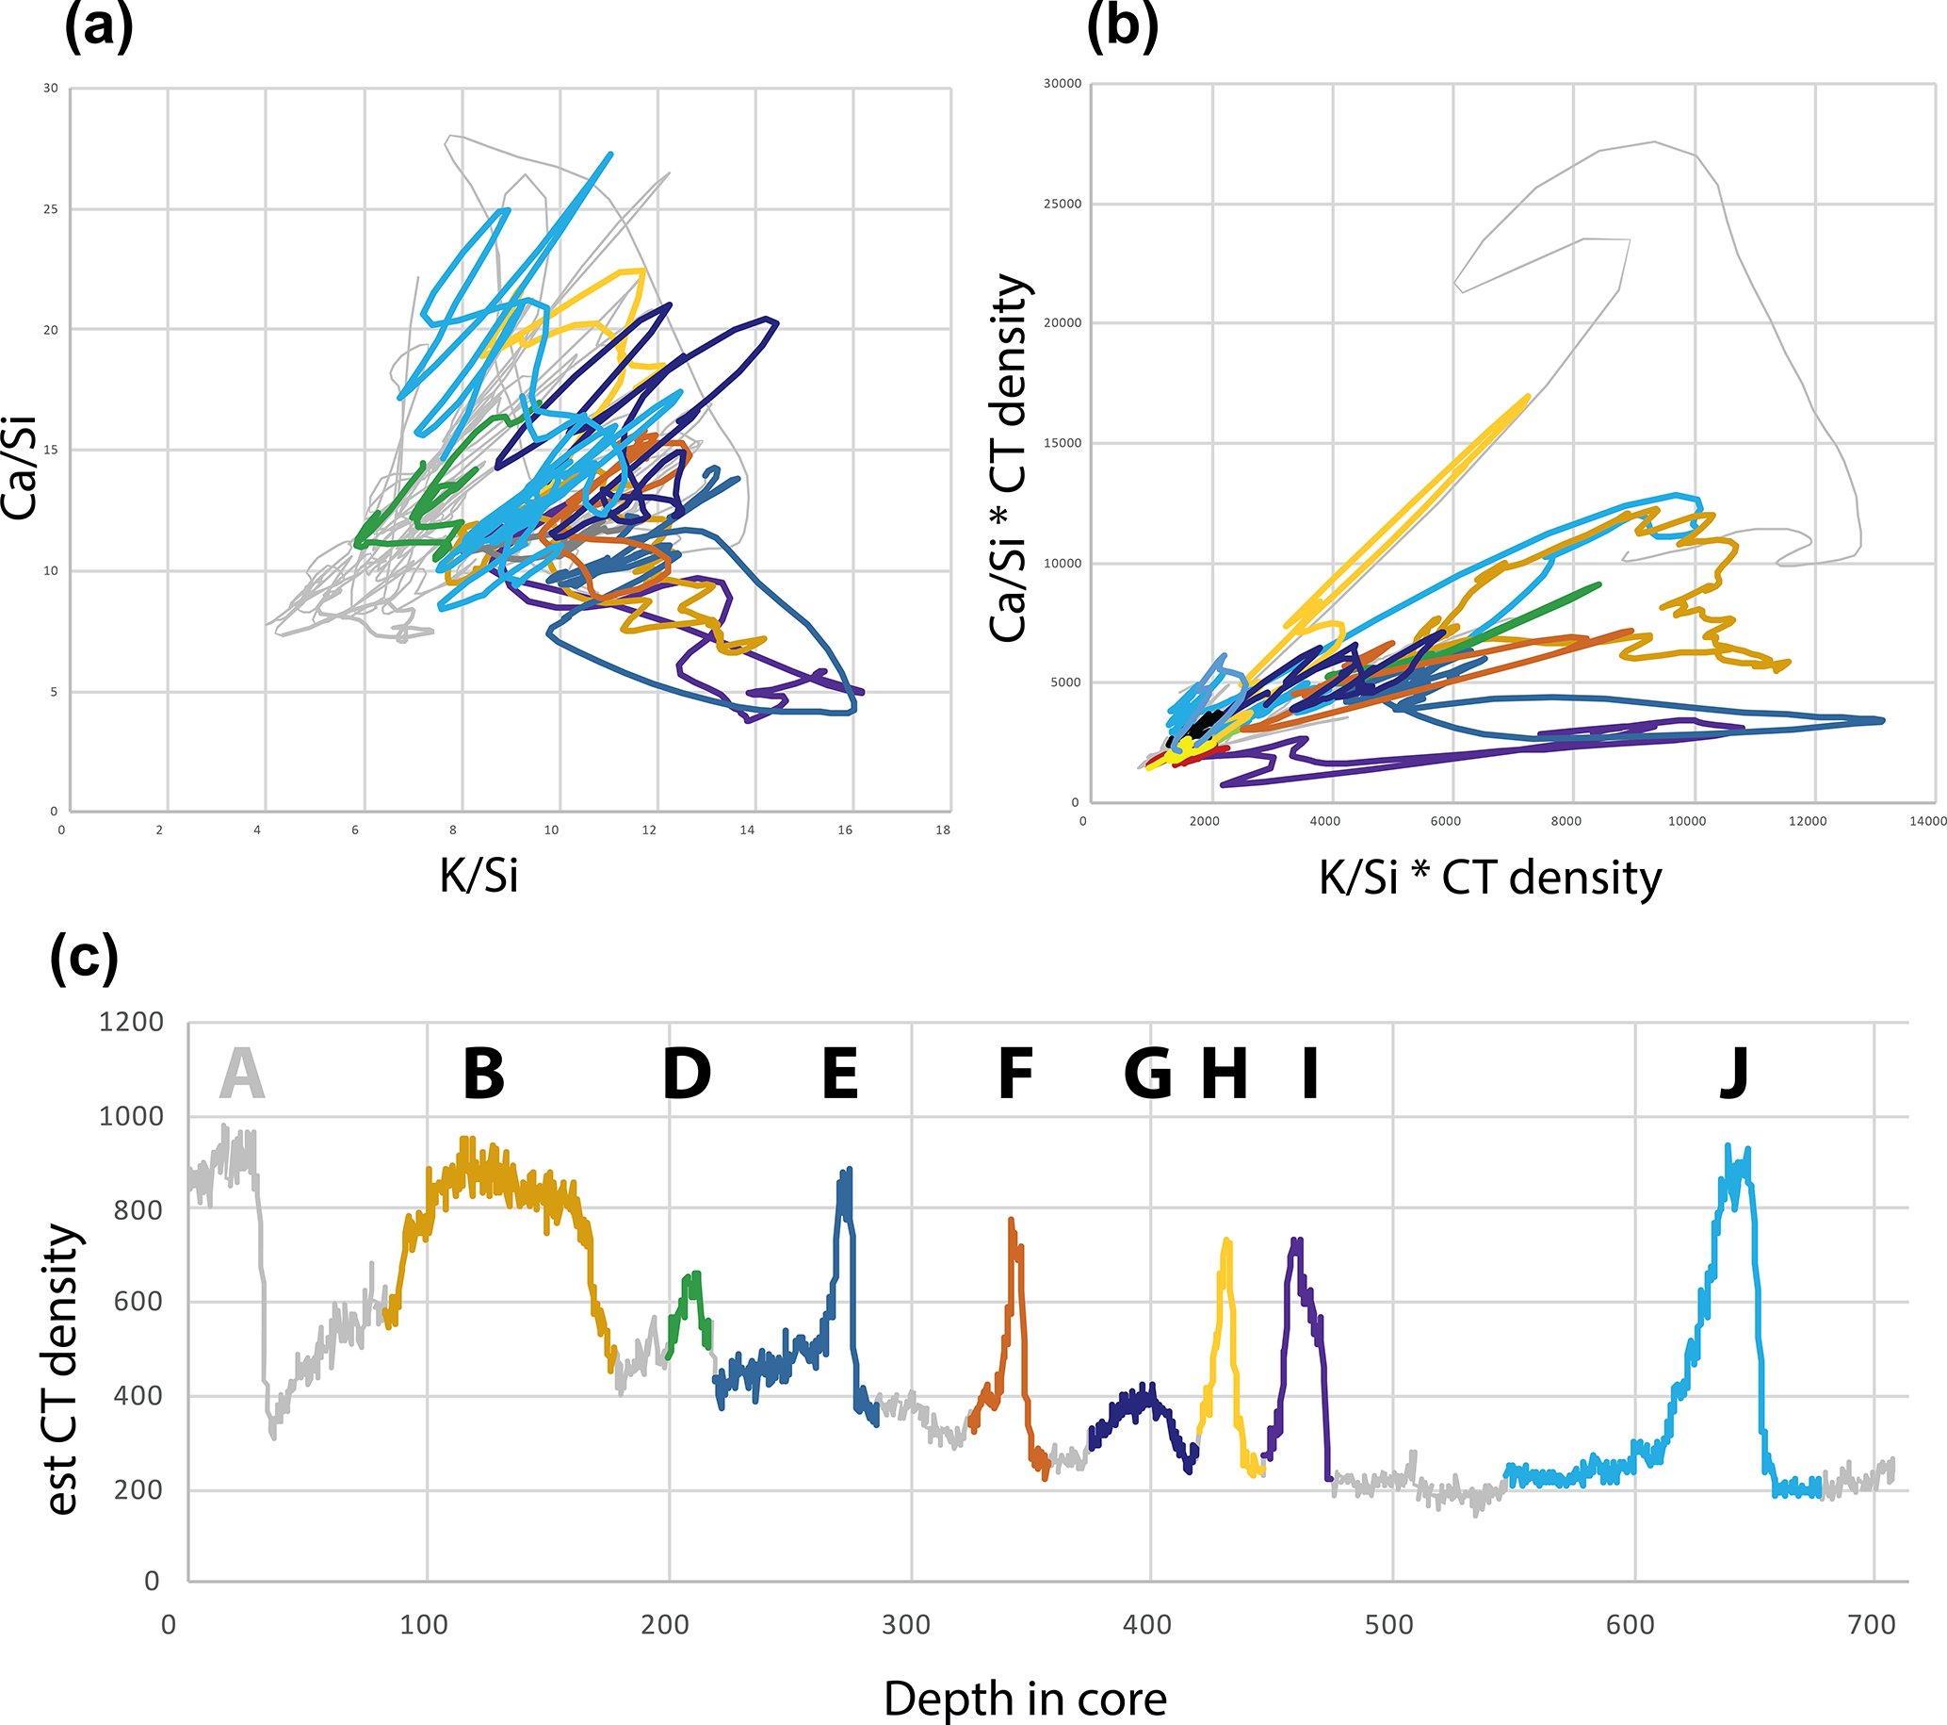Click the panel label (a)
click(98, 26)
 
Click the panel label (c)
click(84, 957)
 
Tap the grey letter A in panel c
click(241, 1074)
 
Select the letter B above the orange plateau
click(483, 1074)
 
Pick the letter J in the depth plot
click(1734, 1074)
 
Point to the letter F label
click(1015, 1074)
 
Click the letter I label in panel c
click(1309, 1074)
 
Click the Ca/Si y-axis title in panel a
click(19, 468)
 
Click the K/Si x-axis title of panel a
click(479, 875)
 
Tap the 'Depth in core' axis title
click(1025, 1699)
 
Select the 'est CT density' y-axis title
click(61, 1369)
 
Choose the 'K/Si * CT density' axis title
click(1490, 877)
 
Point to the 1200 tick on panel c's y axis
click(132, 1022)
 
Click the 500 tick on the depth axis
click(1387, 1624)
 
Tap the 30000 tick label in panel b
click(1063, 84)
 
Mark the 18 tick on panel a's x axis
click(942, 830)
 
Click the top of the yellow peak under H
click(1225, 1240)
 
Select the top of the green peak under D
click(694, 1273)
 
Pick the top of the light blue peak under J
click(1728, 1146)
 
